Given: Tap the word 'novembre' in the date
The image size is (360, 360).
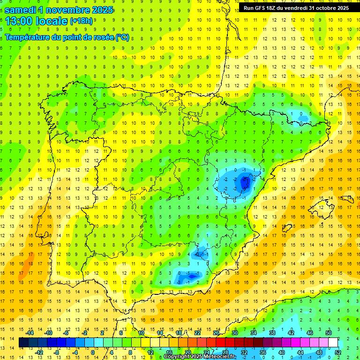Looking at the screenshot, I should point(72,10).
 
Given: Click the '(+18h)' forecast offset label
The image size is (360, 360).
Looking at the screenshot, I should point(81,21).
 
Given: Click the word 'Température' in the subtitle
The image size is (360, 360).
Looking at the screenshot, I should point(29,37).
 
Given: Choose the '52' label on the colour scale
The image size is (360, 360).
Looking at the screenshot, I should point(338,352).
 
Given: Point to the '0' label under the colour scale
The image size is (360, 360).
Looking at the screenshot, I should point(93,352).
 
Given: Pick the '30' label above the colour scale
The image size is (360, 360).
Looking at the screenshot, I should point(234,333).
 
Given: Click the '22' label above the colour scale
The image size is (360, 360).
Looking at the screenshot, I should point(197,333).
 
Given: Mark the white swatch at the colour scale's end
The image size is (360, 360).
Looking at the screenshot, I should point(333,343).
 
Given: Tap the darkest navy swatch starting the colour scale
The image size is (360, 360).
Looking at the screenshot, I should point(24,343).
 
